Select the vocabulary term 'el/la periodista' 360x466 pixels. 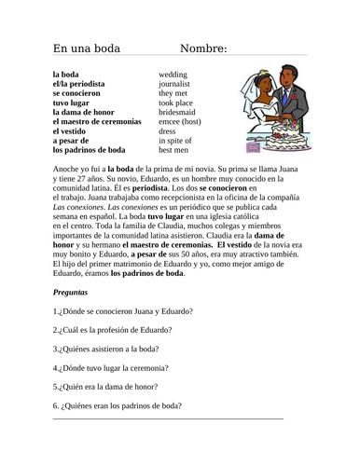(78, 82)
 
